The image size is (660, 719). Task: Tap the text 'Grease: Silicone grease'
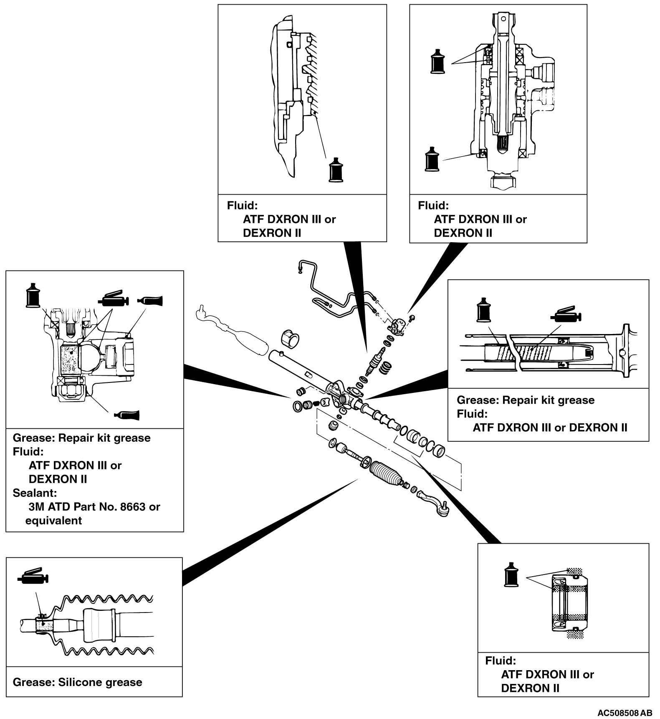[x=77, y=682]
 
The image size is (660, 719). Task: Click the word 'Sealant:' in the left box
[x=34, y=493]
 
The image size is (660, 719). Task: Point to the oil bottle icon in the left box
[x=33, y=295]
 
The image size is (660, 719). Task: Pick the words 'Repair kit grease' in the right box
[x=548, y=400]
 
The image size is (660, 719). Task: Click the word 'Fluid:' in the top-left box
[x=242, y=205]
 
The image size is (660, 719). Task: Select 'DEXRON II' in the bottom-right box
[x=530, y=688]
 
